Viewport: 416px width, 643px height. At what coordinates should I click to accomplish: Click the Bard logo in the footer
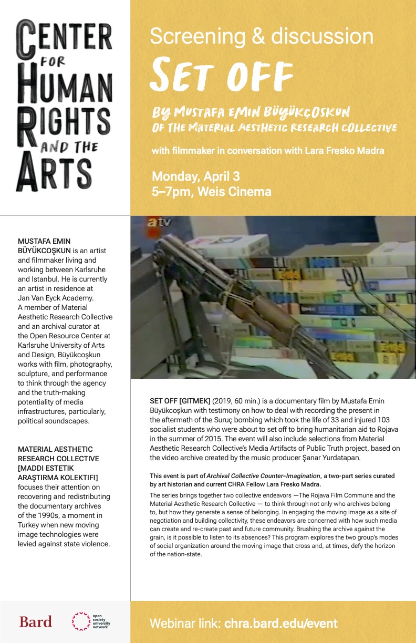[36, 622]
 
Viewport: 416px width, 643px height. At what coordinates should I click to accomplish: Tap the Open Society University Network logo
[90, 622]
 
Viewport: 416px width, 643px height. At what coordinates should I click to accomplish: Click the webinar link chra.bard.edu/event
[280, 624]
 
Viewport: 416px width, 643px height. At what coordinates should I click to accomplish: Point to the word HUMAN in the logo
[65, 85]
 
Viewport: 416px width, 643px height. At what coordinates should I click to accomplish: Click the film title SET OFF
[221, 76]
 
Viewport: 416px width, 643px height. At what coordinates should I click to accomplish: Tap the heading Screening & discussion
[262, 36]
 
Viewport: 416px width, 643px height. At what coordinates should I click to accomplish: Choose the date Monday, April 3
[195, 176]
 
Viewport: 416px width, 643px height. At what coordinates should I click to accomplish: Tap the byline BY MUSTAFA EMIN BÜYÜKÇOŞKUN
[251, 112]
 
